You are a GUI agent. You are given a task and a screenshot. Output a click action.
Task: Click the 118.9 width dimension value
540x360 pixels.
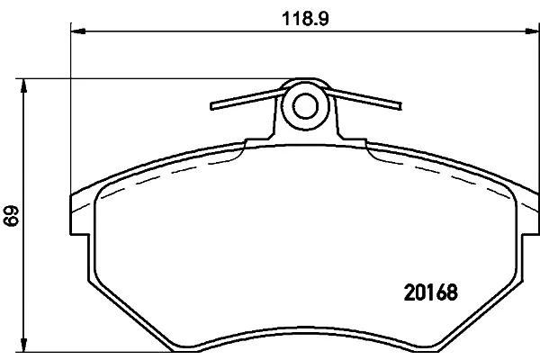(305, 19)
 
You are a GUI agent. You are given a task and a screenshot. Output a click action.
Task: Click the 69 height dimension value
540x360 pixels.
(11, 216)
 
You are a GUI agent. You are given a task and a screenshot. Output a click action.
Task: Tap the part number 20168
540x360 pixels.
(431, 292)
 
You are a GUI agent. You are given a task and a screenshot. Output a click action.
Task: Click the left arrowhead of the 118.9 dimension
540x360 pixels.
(77, 31)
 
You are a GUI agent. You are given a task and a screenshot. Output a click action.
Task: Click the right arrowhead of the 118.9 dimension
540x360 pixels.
(533, 31)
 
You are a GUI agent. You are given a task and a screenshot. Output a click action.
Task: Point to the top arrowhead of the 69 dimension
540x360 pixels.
(23, 85)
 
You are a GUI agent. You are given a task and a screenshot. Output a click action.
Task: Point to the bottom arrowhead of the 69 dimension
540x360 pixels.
(23, 345)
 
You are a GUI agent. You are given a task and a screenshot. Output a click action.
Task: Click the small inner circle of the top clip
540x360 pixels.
(305, 106)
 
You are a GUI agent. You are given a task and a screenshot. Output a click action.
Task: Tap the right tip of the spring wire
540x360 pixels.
(400, 106)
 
